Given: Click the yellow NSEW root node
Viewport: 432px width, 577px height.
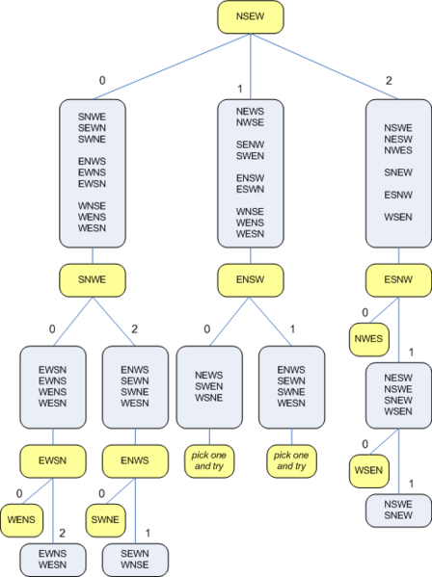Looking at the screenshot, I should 251,17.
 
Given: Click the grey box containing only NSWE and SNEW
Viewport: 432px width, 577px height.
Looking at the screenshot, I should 398,510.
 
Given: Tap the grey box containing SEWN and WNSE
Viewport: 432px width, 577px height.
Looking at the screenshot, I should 135,559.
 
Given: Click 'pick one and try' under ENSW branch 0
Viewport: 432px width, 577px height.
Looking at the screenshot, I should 209,460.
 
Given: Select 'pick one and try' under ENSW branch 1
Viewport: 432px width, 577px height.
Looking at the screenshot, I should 291,460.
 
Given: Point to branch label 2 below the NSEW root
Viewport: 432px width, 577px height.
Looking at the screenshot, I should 389,81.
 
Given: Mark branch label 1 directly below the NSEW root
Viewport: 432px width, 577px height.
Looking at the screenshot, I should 241,89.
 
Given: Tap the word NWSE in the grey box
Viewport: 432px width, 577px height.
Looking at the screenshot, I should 251,122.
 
